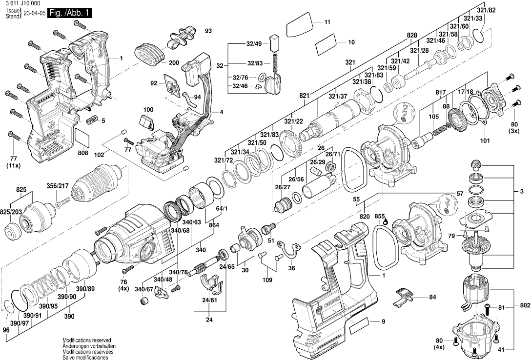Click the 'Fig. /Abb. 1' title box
click(69, 13)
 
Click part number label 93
click(208, 31)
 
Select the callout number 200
click(174, 63)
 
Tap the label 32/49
click(254, 44)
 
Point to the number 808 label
click(83, 153)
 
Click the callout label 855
click(380, 216)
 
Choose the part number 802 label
click(525, 305)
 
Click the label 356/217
click(58, 186)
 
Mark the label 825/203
click(12, 212)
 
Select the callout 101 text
click(485, 140)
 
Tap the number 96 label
click(6, 330)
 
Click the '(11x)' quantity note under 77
click(14, 165)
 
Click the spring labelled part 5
click(92, 119)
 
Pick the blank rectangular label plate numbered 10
click(327, 44)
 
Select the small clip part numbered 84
click(404, 296)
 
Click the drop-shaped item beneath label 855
click(385, 222)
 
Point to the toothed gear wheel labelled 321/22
click(290, 144)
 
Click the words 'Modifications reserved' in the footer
click(87, 340)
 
